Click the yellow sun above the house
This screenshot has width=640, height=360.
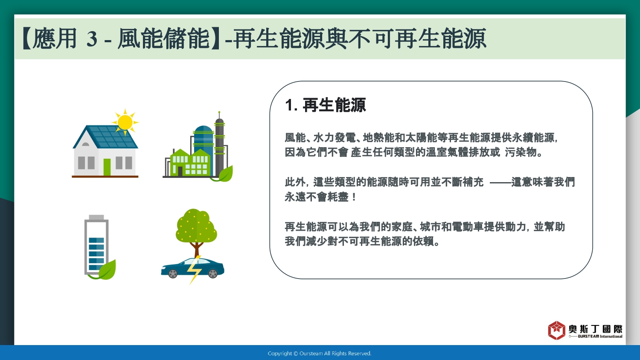pyautogui.click(x=125, y=122)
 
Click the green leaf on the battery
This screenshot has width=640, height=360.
pyautogui.click(x=108, y=270)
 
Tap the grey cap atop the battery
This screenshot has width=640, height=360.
pyautogui.click(x=96, y=218)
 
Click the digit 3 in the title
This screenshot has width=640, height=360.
pyautogui.click(x=92, y=39)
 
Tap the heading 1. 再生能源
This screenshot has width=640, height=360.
pyautogui.click(x=326, y=105)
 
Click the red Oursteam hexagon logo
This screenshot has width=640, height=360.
pyautogui.click(x=556, y=330)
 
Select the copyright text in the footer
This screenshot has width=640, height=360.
pyautogui.click(x=320, y=354)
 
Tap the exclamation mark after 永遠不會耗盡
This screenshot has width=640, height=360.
pyautogui.click(x=354, y=197)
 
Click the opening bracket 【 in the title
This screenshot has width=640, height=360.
pyautogui.click(x=26, y=39)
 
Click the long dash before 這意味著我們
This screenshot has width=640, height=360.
pyautogui.click(x=500, y=182)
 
